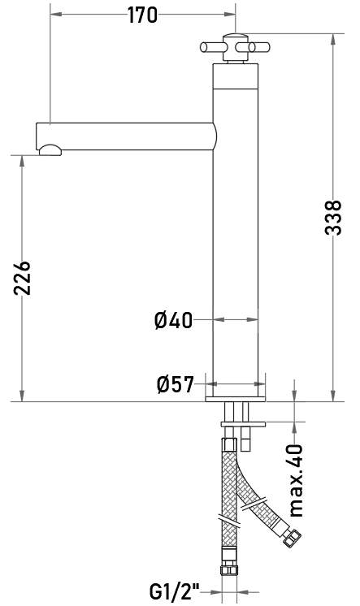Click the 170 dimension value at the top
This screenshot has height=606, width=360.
[x=143, y=15]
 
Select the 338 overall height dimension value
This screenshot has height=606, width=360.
[x=333, y=218]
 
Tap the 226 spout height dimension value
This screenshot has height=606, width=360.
[x=23, y=279]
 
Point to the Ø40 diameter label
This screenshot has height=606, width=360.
[x=173, y=320]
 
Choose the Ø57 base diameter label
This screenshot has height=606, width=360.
[x=176, y=384]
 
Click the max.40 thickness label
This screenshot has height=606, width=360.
[x=297, y=480]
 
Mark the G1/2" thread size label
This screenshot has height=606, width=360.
[x=174, y=591]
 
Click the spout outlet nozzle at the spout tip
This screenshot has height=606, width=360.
[x=50, y=150]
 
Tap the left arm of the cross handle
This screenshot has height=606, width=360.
[x=211, y=47]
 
